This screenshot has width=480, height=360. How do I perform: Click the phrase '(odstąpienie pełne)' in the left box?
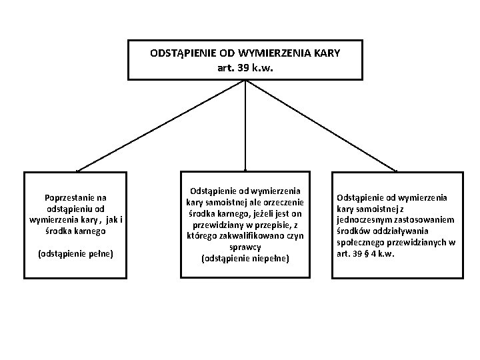point(75,253)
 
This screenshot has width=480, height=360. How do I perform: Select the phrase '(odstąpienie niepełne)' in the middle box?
point(245,257)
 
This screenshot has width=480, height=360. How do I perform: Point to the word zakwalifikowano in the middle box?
point(251,236)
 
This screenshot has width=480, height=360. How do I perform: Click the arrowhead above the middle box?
point(247,169)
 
